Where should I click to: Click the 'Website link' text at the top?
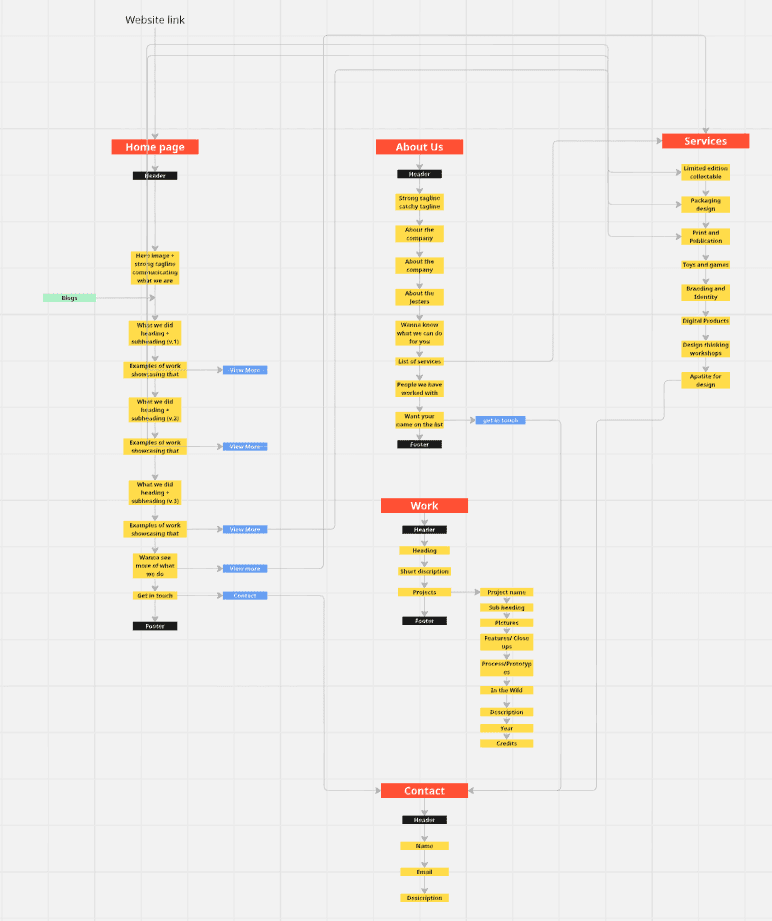pyautogui.click(x=155, y=20)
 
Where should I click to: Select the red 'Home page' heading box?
pyautogui.click(x=155, y=147)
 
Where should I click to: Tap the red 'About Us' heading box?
pyautogui.click(x=419, y=147)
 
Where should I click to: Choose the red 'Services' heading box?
pyautogui.click(x=705, y=141)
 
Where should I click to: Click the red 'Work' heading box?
pyautogui.click(x=424, y=506)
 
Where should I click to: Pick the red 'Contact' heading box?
pyautogui.click(x=424, y=791)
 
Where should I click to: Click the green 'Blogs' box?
pyautogui.click(x=69, y=298)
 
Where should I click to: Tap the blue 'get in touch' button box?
pyautogui.click(x=500, y=420)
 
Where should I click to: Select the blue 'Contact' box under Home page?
pyautogui.click(x=245, y=596)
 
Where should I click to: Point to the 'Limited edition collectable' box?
pyautogui.click(x=705, y=172)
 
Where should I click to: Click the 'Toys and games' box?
pyautogui.click(x=705, y=265)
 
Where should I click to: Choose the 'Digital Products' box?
pyautogui.click(x=705, y=321)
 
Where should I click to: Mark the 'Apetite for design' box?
pyautogui.click(x=705, y=380)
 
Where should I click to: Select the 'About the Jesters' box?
pyautogui.click(x=419, y=297)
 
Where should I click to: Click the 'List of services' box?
pyautogui.click(x=419, y=361)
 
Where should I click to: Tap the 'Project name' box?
pyautogui.click(x=507, y=592)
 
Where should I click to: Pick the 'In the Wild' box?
pyautogui.click(x=507, y=690)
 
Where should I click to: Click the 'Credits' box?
pyautogui.click(x=507, y=744)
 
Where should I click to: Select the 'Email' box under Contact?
pyautogui.click(x=424, y=872)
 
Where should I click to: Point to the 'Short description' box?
pyautogui.click(x=424, y=571)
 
